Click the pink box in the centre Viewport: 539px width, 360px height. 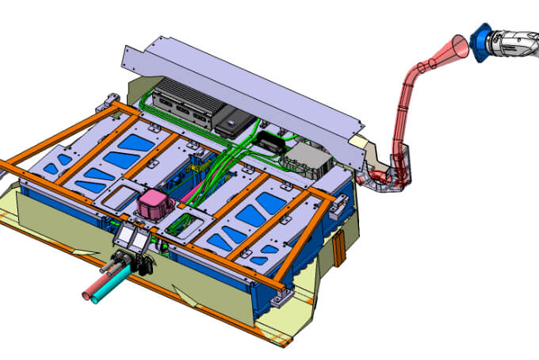point(151,205)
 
